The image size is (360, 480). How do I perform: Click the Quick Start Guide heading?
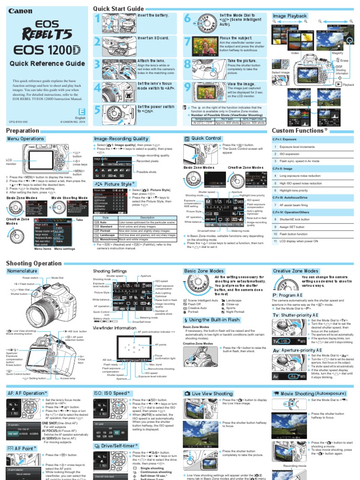pyautogui.click(x=118, y=9)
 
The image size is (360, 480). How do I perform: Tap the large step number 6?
pyautogui.click(x=187, y=19)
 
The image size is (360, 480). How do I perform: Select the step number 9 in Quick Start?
pyautogui.click(x=187, y=88)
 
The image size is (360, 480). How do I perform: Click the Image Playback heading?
pyautogui.click(x=290, y=16)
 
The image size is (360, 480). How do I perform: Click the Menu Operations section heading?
pyautogui.click(x=26, y=139)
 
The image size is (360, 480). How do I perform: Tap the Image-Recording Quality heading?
pyautogui.click(x=121, y=139)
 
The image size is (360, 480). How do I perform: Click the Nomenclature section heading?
pyautogui.click(x=22, y=271)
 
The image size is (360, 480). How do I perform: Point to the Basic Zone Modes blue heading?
pyautogui.click(x=204, y=271)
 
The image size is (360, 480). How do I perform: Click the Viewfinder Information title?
pyautogui.click(x=115, y=328)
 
